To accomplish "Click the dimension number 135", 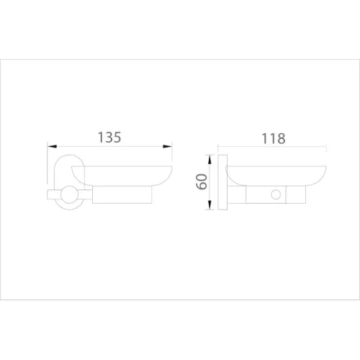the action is tap(109, 138).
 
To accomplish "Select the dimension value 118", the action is tap(274, 138).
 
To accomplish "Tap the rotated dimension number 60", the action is tap(202, 182).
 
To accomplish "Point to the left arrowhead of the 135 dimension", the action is tap(52, 146).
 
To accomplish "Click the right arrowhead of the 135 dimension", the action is tap(167, 146).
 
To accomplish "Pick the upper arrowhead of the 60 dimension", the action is tap(210, 160).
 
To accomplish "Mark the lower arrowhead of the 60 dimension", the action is tap(210, 204).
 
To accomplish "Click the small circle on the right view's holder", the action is tap(276, 194).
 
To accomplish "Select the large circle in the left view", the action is tap(69, 194).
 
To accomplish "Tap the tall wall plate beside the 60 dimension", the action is tap(222, 182).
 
